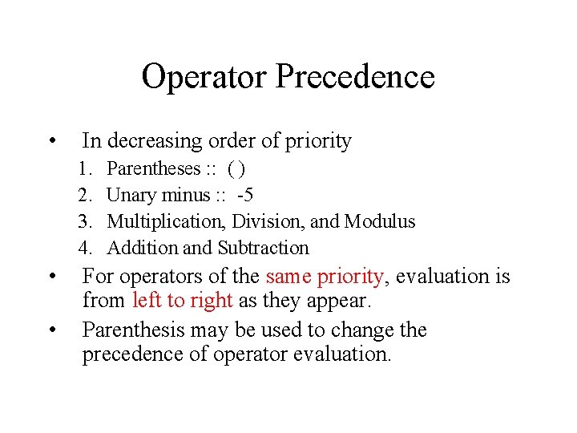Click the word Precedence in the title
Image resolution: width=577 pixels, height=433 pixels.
(355, 78)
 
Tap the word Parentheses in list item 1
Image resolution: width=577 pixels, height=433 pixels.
(153, 169)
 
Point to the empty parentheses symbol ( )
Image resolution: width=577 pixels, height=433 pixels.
(236, 169)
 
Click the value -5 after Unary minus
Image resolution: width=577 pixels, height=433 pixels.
(246, 196)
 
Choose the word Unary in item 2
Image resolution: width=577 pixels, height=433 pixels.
(129, 196)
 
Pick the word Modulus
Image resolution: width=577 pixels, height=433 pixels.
(380, 222)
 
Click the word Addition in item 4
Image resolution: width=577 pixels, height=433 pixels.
(140, 249)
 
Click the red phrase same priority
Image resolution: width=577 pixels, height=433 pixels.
(325, 277)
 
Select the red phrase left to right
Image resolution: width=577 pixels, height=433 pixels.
(182, 301)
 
